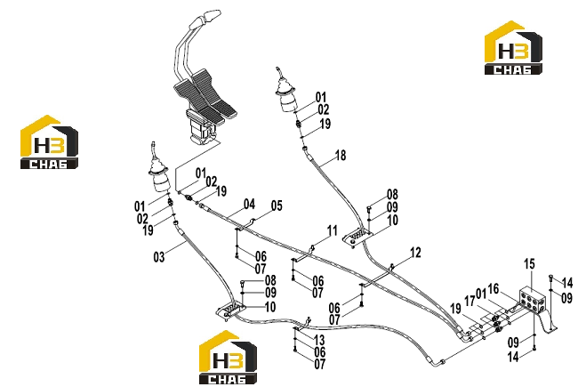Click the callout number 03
point(159,257)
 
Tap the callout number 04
point(249,204)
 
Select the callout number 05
point(277,206)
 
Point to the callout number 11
point(333,231)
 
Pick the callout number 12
point(415,253)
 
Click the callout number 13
point(319,340)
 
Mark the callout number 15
point(529,264)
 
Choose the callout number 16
point(494,289)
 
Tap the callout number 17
point(470,301)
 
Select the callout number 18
point(341,156)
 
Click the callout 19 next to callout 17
point(455,309)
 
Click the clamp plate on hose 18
point(357,238)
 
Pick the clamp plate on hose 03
point(231,310)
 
